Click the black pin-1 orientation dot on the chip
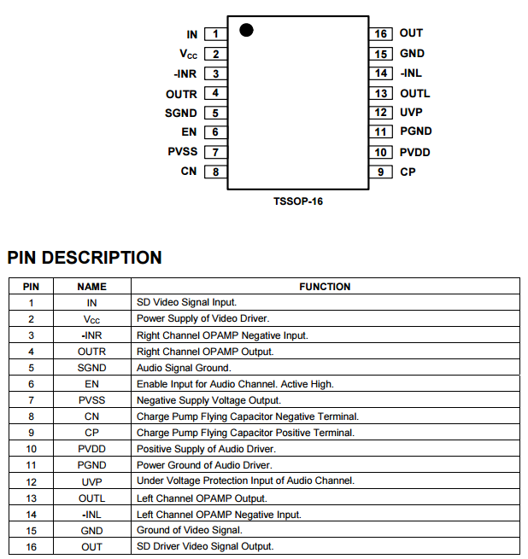[247, 30]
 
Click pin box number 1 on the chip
[215, 34]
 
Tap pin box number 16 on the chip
[381, 34]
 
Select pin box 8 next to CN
[215, 172]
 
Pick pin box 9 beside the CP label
[381, 172]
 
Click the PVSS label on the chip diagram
[183, 152]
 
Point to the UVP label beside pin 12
[411, 113]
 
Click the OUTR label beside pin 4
[181, 94]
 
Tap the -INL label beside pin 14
[411, 73]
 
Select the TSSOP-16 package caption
[298, 201]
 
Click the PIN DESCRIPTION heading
[85, 258]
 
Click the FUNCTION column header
[325, 287]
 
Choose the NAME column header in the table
[91, 287]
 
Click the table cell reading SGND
[91, 368]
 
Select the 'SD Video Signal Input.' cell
[187, 302]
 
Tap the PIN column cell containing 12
[31, 481]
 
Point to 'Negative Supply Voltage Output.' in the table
[209, 400]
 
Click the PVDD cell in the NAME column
[91, 449]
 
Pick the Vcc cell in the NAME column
[91, 319]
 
